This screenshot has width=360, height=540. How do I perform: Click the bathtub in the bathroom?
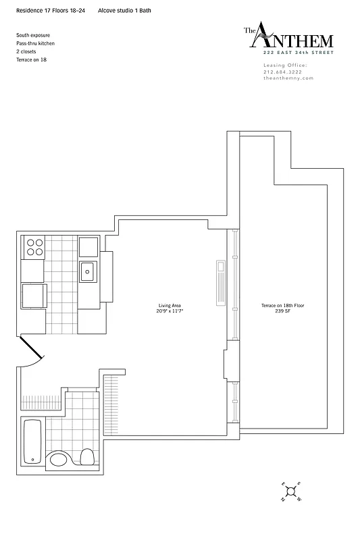tap(32, 441)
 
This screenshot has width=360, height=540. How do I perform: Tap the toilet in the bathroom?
tap(86, 457)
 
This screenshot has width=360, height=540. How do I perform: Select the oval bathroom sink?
tap(59, 460)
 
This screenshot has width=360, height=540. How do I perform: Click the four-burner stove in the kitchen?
tap(34, 247)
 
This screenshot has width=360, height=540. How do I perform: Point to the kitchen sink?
tap(88, 271)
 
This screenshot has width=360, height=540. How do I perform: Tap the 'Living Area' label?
tap(171, 306)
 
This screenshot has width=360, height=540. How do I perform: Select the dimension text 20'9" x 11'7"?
tap(171, 311)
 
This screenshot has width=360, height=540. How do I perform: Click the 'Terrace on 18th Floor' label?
tap(282, 306)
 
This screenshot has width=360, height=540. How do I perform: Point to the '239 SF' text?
tap(282, 311)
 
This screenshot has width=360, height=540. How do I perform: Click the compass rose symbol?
tap(290, 492)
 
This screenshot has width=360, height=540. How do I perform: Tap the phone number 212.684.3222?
tap(284, 72)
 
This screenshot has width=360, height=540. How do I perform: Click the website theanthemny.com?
tap(288, 78)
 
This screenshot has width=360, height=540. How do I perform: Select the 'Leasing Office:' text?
tap(285, 65)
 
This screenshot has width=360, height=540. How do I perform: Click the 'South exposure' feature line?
tap(32, 34)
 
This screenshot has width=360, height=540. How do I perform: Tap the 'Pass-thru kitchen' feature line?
tap(36, 43)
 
